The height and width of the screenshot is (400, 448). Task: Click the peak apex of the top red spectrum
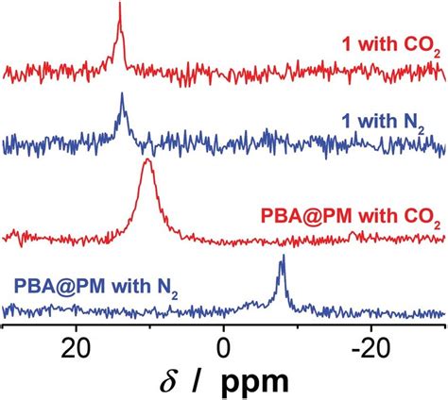pyautogui.click(x=120, y=5)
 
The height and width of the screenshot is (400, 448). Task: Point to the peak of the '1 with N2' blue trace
pyautogui.click(x=122, y=95)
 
